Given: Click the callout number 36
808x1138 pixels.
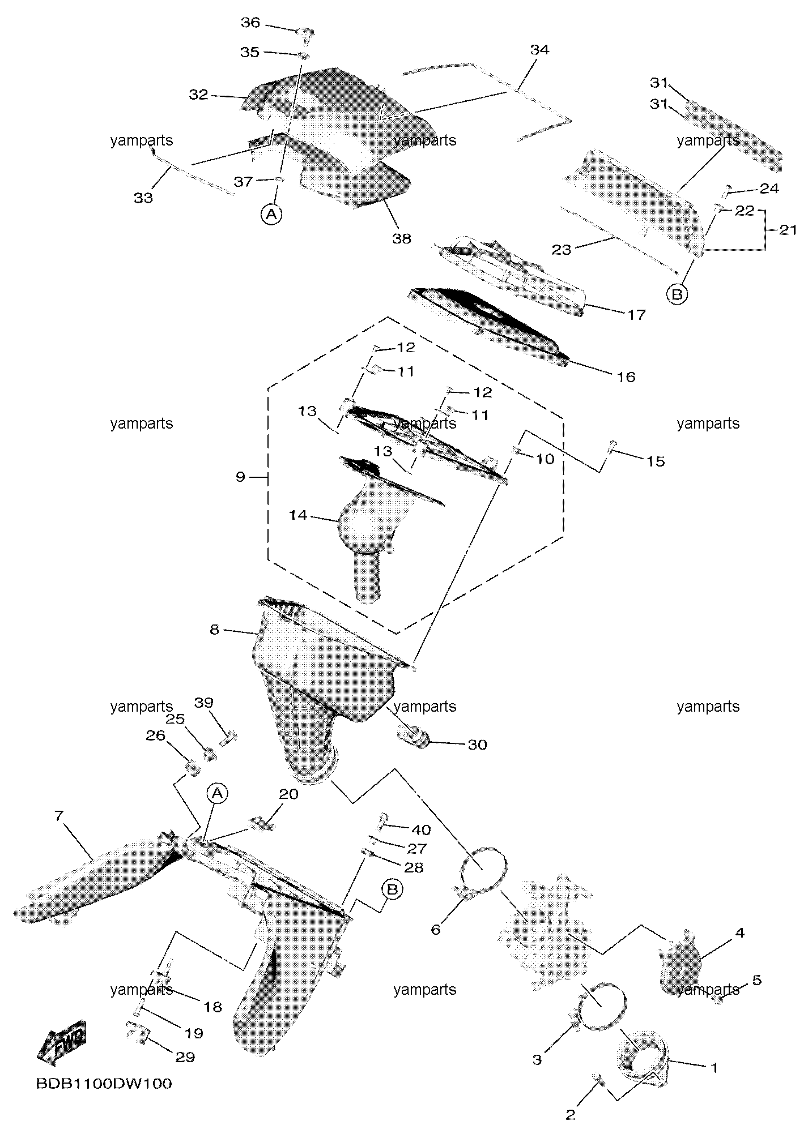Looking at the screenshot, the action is [x=250, y=23].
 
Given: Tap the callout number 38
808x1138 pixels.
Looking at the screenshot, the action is [x=402, y=238].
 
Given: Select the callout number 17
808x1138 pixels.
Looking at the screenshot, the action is [x=637, y=314].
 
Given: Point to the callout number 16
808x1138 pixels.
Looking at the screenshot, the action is [x=626, y=377].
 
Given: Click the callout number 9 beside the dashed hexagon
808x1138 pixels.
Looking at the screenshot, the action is [x=241, y=477].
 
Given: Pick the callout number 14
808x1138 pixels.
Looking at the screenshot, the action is [x=298, y=515].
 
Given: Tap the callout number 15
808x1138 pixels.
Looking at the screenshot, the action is [x=656, y=461].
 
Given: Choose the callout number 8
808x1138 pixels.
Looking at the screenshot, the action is [x=214, y=629].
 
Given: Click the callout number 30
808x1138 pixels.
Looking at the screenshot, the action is [x=477, y=745].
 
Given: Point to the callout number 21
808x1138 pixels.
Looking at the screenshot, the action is [x=788, y=230].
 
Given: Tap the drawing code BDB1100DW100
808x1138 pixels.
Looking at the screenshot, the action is [x=104, y=1084].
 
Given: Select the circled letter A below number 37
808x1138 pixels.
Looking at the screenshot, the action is [x=272, y=214].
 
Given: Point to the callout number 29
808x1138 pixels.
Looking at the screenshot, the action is [x=185, y=1057].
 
